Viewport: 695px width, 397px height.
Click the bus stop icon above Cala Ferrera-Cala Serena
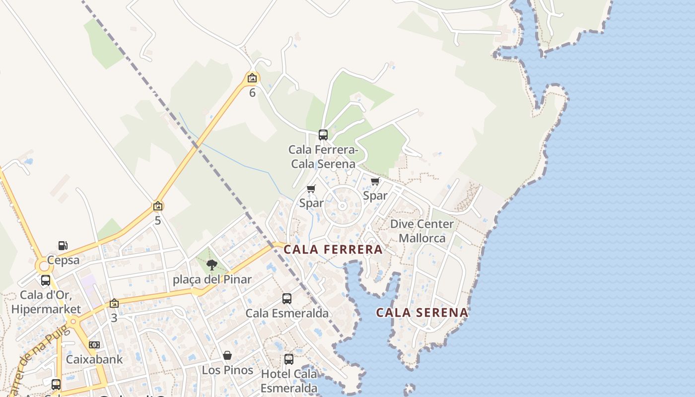[323, 134]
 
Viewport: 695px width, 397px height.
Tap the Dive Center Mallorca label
[422, 231]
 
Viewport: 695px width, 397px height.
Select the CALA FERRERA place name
[333, 250]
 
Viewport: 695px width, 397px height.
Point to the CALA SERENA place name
[422, 313]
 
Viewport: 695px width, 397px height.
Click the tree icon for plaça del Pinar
[212, 265]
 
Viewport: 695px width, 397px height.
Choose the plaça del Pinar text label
[212, 279]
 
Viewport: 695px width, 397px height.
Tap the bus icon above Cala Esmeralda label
[287, 298]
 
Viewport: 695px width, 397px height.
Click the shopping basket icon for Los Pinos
[227, 355]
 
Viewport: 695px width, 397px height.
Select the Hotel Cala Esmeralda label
[289, 381]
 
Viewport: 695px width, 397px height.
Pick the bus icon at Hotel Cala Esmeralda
[289, 359]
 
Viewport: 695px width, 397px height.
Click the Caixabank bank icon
[94, 344]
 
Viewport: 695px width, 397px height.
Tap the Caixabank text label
[94, 359]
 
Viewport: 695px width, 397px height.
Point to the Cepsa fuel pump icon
[63, 246]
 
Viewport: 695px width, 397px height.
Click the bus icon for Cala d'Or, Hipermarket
[46, 280]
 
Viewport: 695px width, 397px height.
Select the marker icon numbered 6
[252, 78]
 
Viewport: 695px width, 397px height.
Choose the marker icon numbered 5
[158, 205]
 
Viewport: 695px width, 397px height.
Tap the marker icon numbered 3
[114, 303]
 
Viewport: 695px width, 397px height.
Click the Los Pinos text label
[227, 370]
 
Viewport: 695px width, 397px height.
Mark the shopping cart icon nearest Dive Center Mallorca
[375, 182]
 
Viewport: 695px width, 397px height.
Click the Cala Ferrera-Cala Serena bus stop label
[323, 156]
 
